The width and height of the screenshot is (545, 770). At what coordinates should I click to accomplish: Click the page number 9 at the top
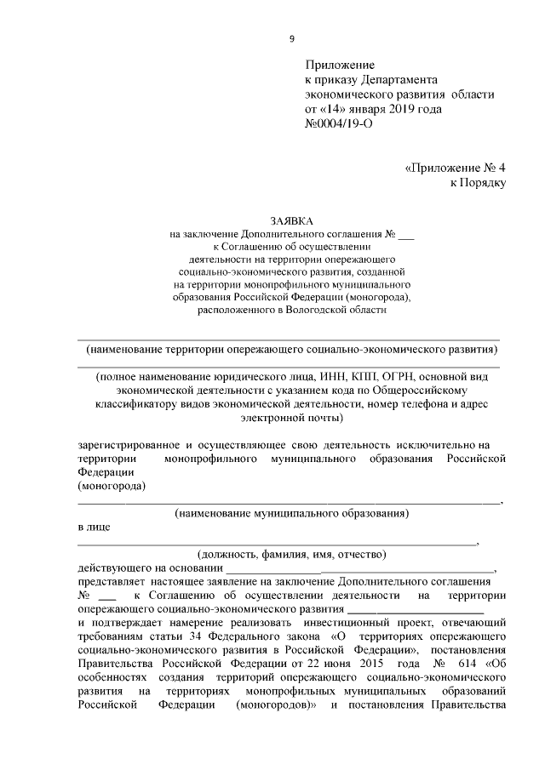point(291,38)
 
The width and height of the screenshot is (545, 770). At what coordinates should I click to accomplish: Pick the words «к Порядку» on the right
point(478,182)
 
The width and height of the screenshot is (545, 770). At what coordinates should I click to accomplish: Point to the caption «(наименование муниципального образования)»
point(291,513)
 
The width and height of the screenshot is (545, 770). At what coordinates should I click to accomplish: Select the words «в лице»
point(93,527)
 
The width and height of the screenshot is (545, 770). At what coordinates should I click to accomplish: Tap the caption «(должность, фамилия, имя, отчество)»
point(291,554)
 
